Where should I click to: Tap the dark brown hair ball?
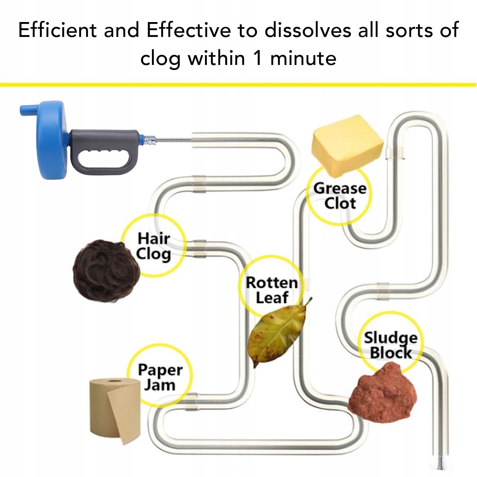[x=106, y=271]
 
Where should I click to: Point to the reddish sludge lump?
[x=383, y=393]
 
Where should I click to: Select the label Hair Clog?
[x=154, y=246]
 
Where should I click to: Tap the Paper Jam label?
[x=160, y=377]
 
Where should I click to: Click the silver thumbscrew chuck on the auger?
[x=150, y=140]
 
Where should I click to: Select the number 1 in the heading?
[x=258, y=58]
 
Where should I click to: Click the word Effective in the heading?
[x=189, y=30]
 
